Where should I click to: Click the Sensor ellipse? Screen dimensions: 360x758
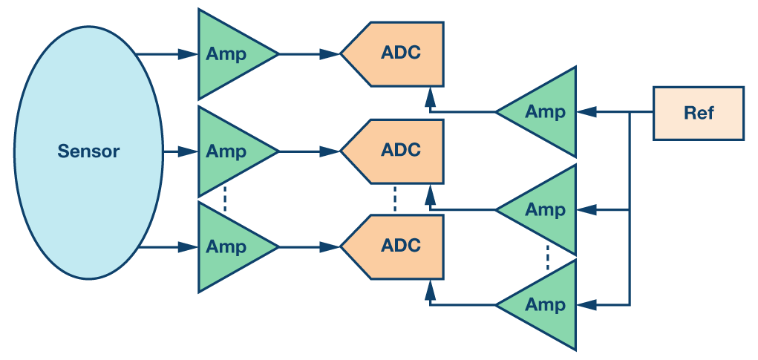(88, 151)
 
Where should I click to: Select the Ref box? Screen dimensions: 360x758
(698, 113)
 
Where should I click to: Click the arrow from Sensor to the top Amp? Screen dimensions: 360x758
(168, 54)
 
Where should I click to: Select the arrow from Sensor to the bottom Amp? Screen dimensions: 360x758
(168, 247)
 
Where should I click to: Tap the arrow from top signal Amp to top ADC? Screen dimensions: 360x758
(309, 54)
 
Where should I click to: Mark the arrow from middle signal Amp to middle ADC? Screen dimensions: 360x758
(309, 151)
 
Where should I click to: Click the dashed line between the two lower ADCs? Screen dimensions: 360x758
(395, 199)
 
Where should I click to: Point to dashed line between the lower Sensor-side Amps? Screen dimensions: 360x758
(224, 199)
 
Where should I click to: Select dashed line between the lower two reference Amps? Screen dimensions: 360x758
(547, 257)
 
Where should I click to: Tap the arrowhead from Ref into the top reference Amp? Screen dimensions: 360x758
(587, 112)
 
